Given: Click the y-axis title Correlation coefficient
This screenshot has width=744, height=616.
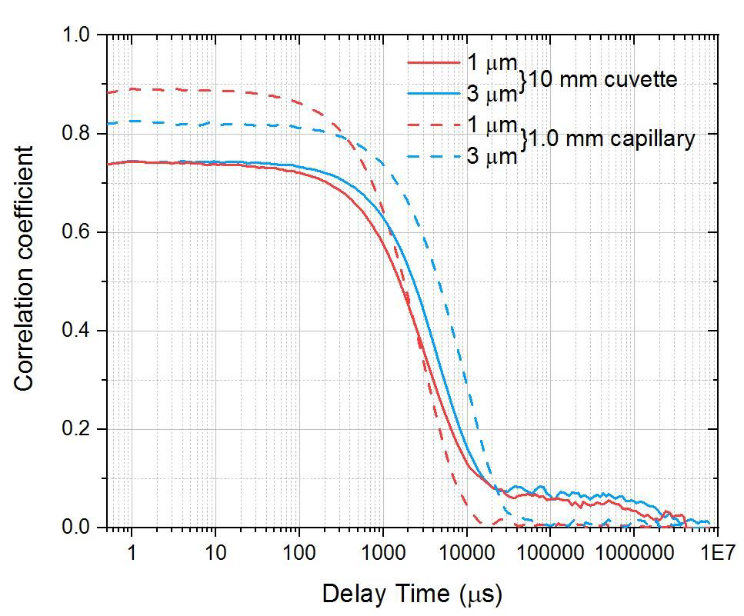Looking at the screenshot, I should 25,268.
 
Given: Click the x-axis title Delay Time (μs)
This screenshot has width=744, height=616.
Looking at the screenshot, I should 412,594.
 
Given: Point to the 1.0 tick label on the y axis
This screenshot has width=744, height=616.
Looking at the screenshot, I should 78,35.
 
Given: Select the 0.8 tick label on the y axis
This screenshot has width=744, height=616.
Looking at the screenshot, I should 78,134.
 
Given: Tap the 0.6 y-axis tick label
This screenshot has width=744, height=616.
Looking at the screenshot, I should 78,232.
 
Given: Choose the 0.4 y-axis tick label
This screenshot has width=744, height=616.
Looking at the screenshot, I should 78,331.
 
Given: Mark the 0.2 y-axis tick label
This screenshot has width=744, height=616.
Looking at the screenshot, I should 78,429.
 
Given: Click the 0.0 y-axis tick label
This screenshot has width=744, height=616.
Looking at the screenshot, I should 78,528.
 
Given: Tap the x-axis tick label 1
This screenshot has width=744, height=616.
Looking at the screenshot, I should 132,552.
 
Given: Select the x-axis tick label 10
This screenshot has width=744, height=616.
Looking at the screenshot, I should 215,552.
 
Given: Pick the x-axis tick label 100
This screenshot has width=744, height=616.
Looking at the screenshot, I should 299,552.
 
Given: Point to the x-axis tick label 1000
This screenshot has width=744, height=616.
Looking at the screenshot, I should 382,552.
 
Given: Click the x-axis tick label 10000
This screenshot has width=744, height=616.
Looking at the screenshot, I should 466,552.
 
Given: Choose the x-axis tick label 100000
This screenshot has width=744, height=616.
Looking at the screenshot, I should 549,552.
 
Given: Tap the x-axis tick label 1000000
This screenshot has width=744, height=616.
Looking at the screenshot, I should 633,552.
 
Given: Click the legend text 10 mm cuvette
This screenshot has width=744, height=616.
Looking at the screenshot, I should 604,79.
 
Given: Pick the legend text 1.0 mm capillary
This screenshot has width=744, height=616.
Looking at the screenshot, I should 612,139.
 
